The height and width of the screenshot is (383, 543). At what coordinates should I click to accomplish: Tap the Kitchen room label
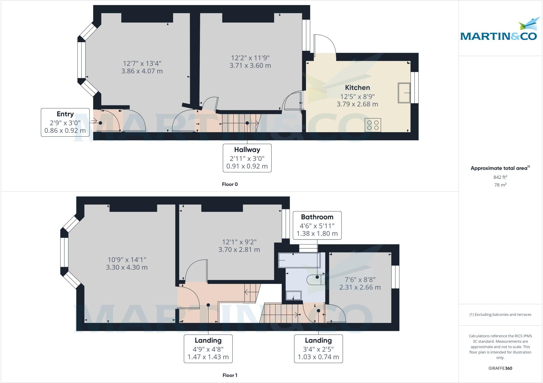pyautogui.click(x=357, y=88)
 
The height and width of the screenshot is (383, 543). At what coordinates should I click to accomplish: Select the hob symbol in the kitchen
pyautogui.click(x=373, y=125)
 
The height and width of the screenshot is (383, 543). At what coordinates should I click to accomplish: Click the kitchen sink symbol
pyautogui.click(x=404, y=93)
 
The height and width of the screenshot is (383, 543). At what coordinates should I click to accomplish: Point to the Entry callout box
pyautogui.click(x=65, y=122)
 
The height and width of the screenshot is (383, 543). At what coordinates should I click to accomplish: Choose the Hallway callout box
pyautogui.click(x=247, y=158)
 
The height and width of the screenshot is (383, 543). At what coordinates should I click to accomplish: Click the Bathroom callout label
pyautogui.click(x=317, y=217)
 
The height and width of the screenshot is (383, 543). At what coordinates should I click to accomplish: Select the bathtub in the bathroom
pyautogui.click(x=299, y=260)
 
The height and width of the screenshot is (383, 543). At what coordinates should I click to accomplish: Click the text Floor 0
pyautogui.click(x=230, y=184)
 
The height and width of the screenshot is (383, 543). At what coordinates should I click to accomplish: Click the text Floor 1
pyautogui.click(x=230, y=375)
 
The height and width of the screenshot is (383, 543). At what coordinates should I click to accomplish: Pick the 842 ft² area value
pyautogui.click(x=500, y=177)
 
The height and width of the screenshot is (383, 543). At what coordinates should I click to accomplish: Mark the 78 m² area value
pyautogui.click(x=500, y=185)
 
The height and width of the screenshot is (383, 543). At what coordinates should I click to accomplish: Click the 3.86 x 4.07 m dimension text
pyautogui.click(x=142, y=71)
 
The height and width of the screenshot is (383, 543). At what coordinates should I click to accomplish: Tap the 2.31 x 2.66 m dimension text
pyautogui.click(x=360, y=287)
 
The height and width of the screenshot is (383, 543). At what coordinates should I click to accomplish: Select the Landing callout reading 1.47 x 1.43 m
pyautogui.click(x=208, y=349)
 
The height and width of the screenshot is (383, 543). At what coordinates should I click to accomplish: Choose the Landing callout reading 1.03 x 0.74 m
pyautogui.click(x=318, y=349)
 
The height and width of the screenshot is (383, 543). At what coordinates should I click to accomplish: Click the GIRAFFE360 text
pyautogui.click(x=500, y=368)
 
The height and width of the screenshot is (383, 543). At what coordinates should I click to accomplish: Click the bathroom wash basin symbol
pyautogui.click(x=294, y=296)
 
